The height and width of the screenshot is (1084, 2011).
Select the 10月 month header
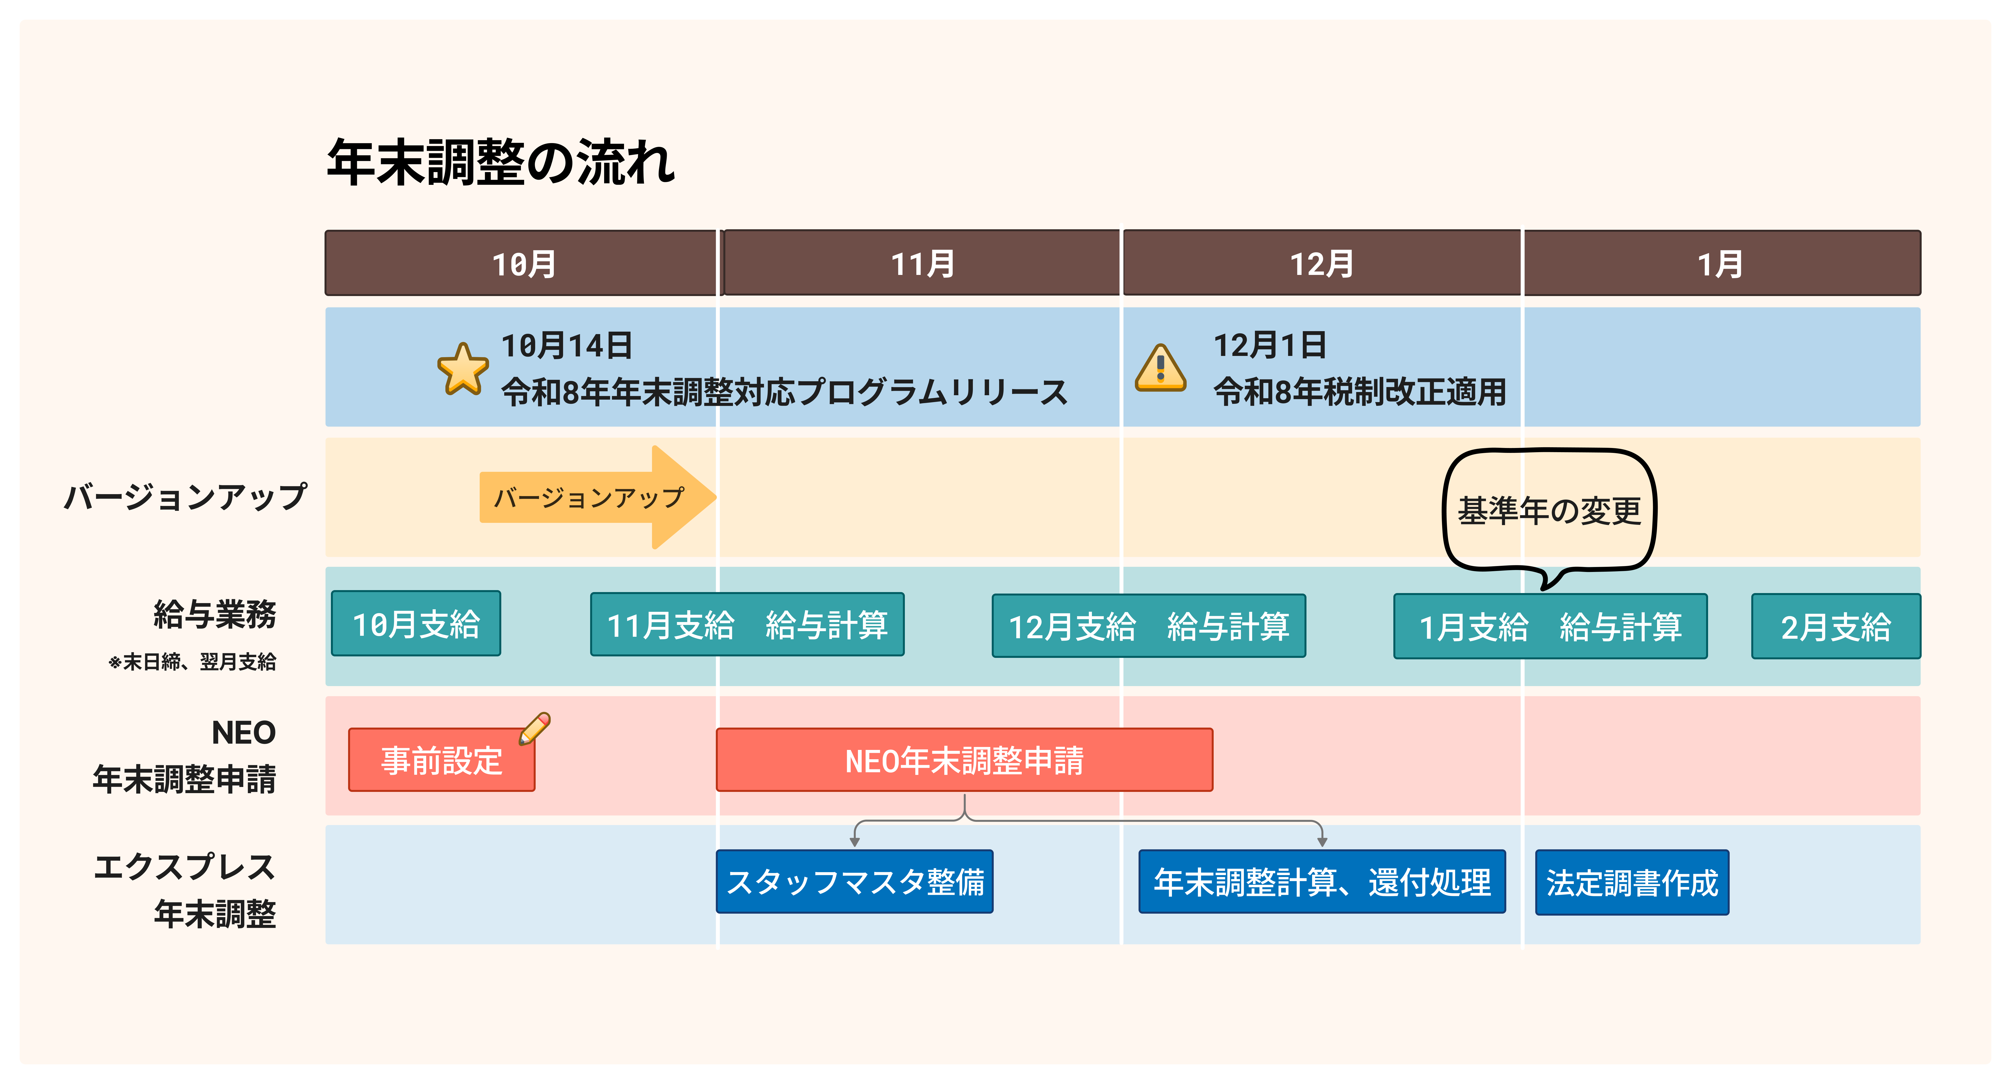tap(521, 263)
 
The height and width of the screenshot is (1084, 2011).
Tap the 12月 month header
tap(1322, 263)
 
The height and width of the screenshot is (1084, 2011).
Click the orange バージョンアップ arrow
tap(597, 497)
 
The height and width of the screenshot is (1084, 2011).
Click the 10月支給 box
tap(416, 623)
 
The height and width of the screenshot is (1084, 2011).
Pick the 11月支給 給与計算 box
tap(747, 624)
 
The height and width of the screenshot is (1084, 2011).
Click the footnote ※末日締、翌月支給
tap(192, 662)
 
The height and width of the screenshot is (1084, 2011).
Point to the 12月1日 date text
tap(1270, 345)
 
